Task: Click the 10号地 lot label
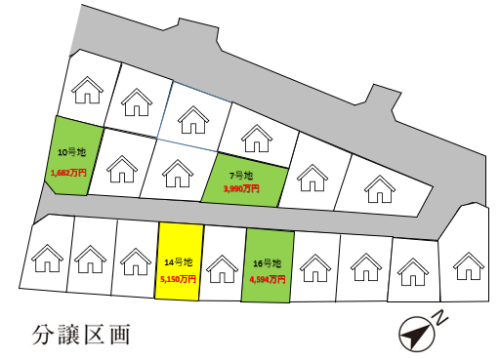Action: tap(71, 151)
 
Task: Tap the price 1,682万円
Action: tap(68, 173)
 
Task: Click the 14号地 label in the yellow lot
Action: tap(180, 262)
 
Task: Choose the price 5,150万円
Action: tap(179, 278)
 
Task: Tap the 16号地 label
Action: tap(267, 263)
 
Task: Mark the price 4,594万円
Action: tap(268, 279)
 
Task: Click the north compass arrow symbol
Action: tap(416, 335)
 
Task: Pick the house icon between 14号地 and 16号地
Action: tap(223, 264)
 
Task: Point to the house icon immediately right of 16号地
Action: tap(313, 264)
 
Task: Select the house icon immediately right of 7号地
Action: tap(312, 177)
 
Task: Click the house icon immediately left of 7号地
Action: tap(177, 174)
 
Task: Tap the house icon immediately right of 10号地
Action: tap(122, 170)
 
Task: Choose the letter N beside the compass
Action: tap(441, 318)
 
